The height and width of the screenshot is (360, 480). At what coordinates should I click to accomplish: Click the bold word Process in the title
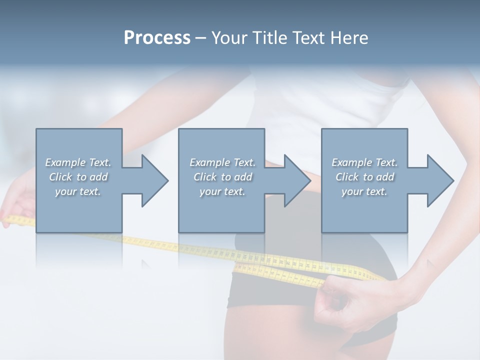(157, 38)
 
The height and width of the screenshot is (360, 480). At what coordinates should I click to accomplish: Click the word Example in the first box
(65, 162)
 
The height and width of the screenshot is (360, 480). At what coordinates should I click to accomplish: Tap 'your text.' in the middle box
(222, 191)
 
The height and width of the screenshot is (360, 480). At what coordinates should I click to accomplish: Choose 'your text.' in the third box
(364, 191)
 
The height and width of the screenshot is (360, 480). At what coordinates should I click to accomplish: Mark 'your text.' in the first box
(78, 191)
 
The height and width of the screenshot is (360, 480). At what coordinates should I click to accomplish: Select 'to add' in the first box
(92, 177)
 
